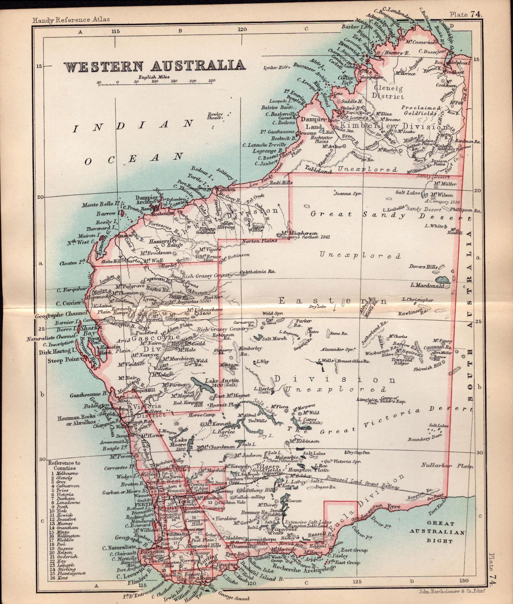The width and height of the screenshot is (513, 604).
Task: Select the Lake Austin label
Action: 218,381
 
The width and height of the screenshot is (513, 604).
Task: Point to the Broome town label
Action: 307,133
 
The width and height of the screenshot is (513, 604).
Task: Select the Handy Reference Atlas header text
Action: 71,19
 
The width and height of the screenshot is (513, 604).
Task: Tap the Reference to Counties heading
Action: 64,465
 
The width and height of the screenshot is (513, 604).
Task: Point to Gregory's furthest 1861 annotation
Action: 306,237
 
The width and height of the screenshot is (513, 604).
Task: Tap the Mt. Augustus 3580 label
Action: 189,302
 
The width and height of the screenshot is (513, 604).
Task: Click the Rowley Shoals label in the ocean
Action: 215,116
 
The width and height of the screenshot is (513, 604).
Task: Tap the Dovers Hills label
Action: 423,267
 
